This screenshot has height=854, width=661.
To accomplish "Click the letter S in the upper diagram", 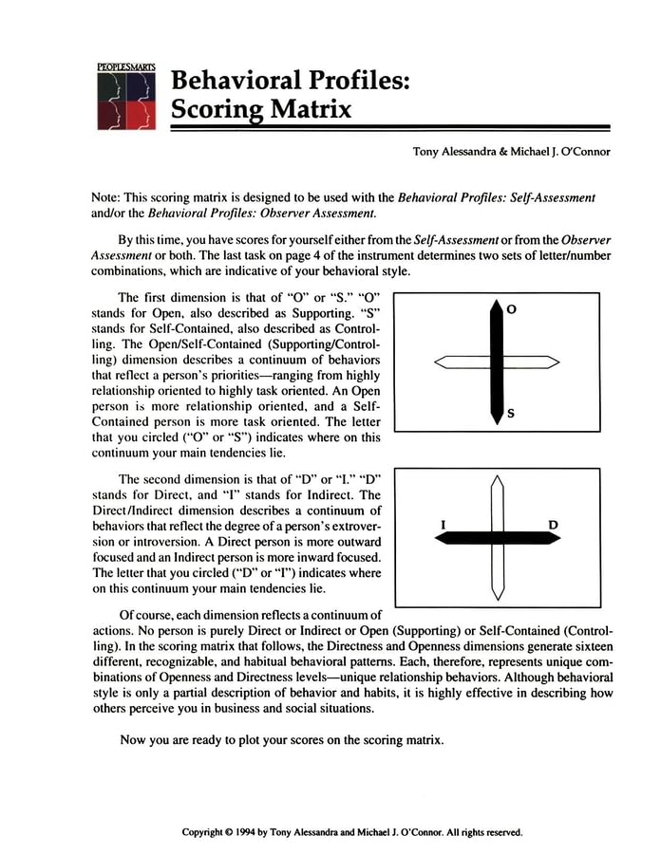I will [511, 414].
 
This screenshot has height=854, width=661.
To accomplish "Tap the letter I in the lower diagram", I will [444, 524].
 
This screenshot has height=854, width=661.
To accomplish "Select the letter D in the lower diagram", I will [553, 524].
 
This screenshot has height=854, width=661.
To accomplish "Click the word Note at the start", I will [104, 197].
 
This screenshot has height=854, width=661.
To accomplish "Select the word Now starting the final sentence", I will [134, 739].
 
